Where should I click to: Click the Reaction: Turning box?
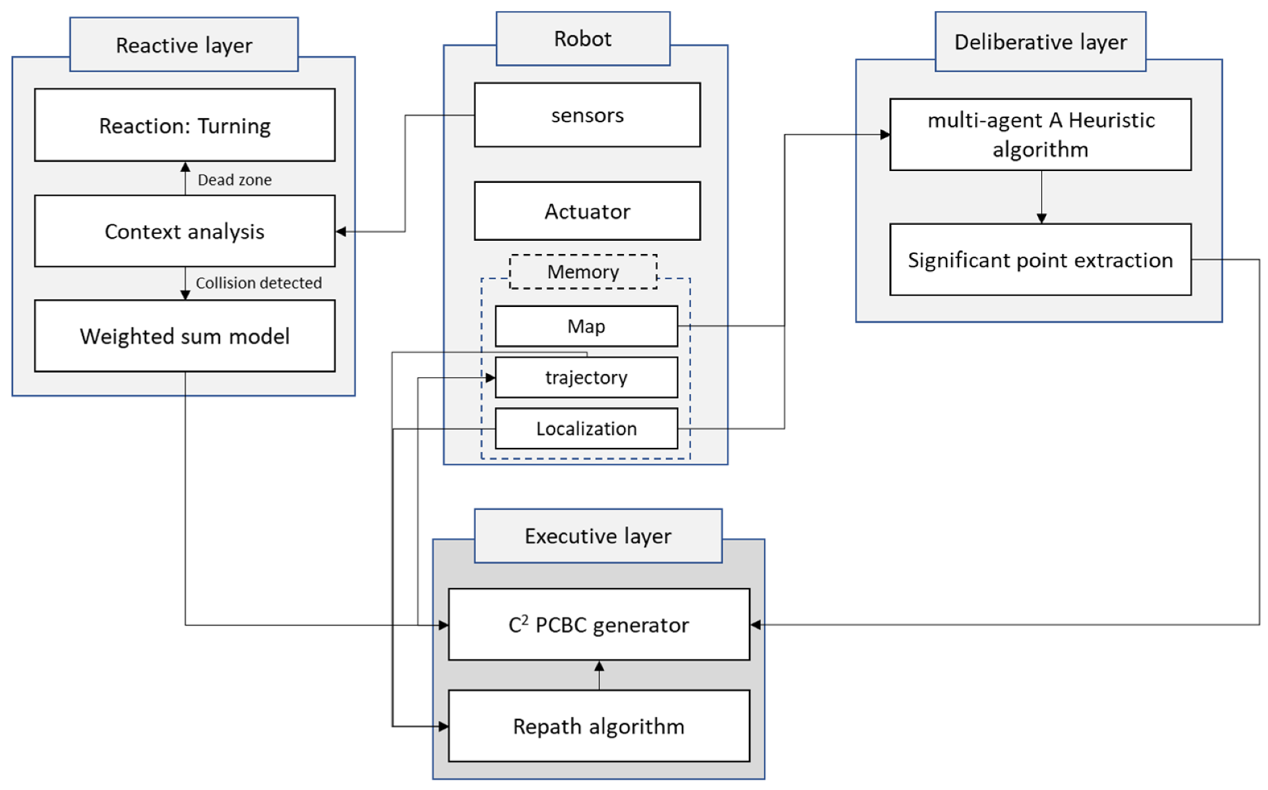185,126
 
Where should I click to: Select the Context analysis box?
185,231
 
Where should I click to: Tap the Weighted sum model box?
185,336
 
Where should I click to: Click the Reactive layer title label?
184,45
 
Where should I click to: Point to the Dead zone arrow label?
234,180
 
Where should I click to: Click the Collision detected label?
259,283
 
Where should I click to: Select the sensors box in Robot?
587,115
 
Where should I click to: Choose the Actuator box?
587,211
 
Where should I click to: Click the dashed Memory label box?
583,272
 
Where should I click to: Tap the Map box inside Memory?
586,326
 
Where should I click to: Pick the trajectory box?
586,377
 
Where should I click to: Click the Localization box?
586,428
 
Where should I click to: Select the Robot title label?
583,39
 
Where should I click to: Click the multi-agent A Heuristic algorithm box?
1040,135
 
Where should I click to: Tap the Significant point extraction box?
1040,260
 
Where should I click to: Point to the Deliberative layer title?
1040,42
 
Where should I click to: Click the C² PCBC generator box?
598,624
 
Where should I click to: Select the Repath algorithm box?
598,726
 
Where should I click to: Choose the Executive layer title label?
598,536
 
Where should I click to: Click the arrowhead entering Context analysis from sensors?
341,232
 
